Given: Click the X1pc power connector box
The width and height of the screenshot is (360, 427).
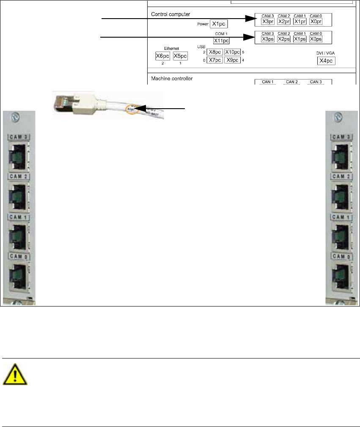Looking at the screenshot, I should [x=219, y=24].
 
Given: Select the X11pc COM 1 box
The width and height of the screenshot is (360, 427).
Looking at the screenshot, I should [x=221, y=41].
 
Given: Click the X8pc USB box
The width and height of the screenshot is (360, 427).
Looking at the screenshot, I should [x=214, y=52].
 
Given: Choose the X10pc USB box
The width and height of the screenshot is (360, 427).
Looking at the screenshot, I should [x=232, y=52].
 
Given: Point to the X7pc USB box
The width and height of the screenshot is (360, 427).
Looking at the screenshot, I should [x=214, y=60].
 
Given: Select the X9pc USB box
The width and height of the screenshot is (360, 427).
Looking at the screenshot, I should [x=232, y=60].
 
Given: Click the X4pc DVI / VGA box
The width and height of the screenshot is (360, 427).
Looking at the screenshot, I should [x=326, y=61].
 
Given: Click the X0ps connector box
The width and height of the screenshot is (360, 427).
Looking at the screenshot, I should [x=316, y=39].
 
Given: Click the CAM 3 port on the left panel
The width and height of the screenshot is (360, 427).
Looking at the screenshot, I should [x=18, y=154].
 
